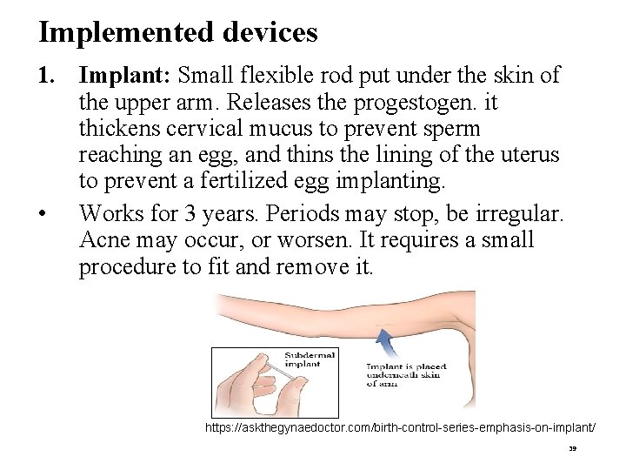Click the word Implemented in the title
(x=114, y=33)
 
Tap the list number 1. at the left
(x=47, y=76)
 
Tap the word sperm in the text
(x=449, y=130)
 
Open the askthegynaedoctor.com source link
(x=400, y=428)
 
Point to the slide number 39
(x=571, y=452)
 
